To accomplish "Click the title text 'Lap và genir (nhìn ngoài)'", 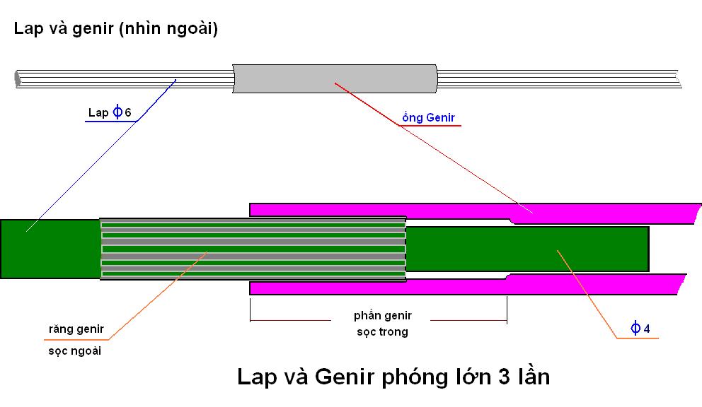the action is pyautogui.click(x=115, y=29).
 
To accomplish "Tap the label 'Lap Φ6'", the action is pyautogui.click(x=110, y=112).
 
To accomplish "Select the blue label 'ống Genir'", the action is pyautogui.click(x=428, y=117).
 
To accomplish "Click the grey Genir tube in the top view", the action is pyautogui.click(x=335, y=78).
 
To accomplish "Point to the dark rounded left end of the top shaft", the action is pyautogui.click(x=18, y=78).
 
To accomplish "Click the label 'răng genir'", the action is pyautogui.click(x=76, y=329).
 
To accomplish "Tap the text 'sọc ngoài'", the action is pyautogui.click(x=75, y=350).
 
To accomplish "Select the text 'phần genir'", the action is pyautogui.click(x=383, y=316).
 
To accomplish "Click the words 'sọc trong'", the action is pyautogui.click(x=382, y=332).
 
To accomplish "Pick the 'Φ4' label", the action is pyautogui.click(x=640, y=329).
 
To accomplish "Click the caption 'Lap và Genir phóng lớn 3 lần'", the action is pyautogui.click(x=393, y=376).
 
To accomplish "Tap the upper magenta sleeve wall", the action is pyautogui.click(x=475, y=212).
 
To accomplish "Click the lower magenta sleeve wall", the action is pyautogui.click(x=468, y=285).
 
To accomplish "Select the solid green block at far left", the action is pyautogui.click(x=50, y=249).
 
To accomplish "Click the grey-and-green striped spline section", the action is pyautogui.click(x=253, y=249).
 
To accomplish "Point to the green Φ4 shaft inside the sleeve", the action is pyautogui.click(x=527, y=249).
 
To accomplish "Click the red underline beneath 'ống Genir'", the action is pyautogui.click(x=430, y=126).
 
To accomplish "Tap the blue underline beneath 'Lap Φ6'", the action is pyautogui.click(x=110, y=122).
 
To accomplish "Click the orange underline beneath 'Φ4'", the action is pyautogui.click(x=638, y=338).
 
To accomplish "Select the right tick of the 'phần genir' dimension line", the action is pyautogui.click(x=507, y=309).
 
